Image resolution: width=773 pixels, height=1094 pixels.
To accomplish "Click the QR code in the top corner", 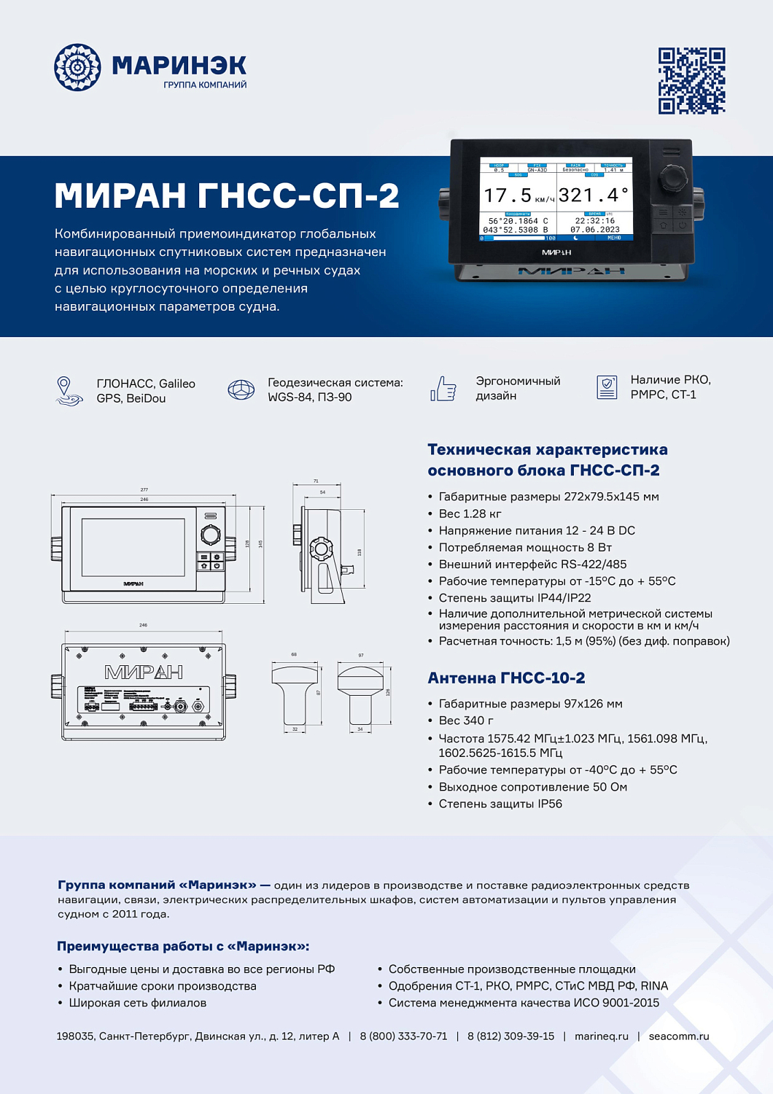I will coord(691,81).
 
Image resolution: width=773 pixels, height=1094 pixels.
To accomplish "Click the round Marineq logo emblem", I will coord(77,67).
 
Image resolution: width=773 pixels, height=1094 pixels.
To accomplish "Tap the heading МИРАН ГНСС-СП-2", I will coord(227,195).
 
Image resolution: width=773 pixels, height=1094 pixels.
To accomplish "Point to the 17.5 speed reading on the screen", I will coord(508,195).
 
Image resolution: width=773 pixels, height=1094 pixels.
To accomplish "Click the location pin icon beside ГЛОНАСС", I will coord(66,390).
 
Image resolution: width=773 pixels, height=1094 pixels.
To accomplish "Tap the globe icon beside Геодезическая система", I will coord(241,390).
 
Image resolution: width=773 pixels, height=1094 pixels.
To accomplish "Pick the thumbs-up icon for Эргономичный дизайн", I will coord(443,389).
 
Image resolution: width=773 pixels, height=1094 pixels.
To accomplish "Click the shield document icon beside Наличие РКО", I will coord(607,387).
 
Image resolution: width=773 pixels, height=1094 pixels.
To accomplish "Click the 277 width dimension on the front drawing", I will coord(144,490).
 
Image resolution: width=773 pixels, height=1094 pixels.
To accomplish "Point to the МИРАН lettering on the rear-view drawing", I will coord(144,672).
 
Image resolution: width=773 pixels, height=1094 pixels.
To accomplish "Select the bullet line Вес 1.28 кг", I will coord(470,513).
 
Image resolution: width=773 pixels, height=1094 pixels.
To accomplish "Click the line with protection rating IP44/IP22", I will coord(514,597).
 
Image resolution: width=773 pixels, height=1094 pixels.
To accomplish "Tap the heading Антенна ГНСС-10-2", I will coord(506,678).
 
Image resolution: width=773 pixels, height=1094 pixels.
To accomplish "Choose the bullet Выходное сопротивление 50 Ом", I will coord(532,787).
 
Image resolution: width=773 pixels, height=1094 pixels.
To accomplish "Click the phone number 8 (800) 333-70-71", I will coord(403,1036).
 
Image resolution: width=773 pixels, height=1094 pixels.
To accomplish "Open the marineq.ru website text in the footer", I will coord(601,1036).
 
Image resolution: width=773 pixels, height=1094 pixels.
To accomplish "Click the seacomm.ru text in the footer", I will coord(678,1036).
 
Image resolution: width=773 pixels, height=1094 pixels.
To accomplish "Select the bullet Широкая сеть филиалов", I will coord(137,1003).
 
